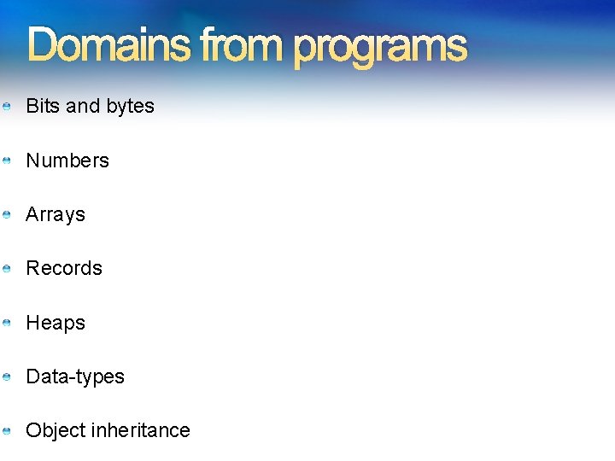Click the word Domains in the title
point(108,45)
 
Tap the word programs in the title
point(381,47)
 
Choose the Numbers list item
point(67,160)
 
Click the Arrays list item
point(56,215)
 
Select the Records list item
point(64,268)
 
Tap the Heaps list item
point(56,323)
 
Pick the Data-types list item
point(75,376)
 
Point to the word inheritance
point(141,430)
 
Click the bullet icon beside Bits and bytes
point(6,107)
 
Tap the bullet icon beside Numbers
point(6,160)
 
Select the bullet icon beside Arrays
point(6,215)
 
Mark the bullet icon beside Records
point(6,269)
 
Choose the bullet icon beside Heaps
point(6,323)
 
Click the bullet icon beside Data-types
point(6,376)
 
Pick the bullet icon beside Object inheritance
point(6,430)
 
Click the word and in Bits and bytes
point(83,106)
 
